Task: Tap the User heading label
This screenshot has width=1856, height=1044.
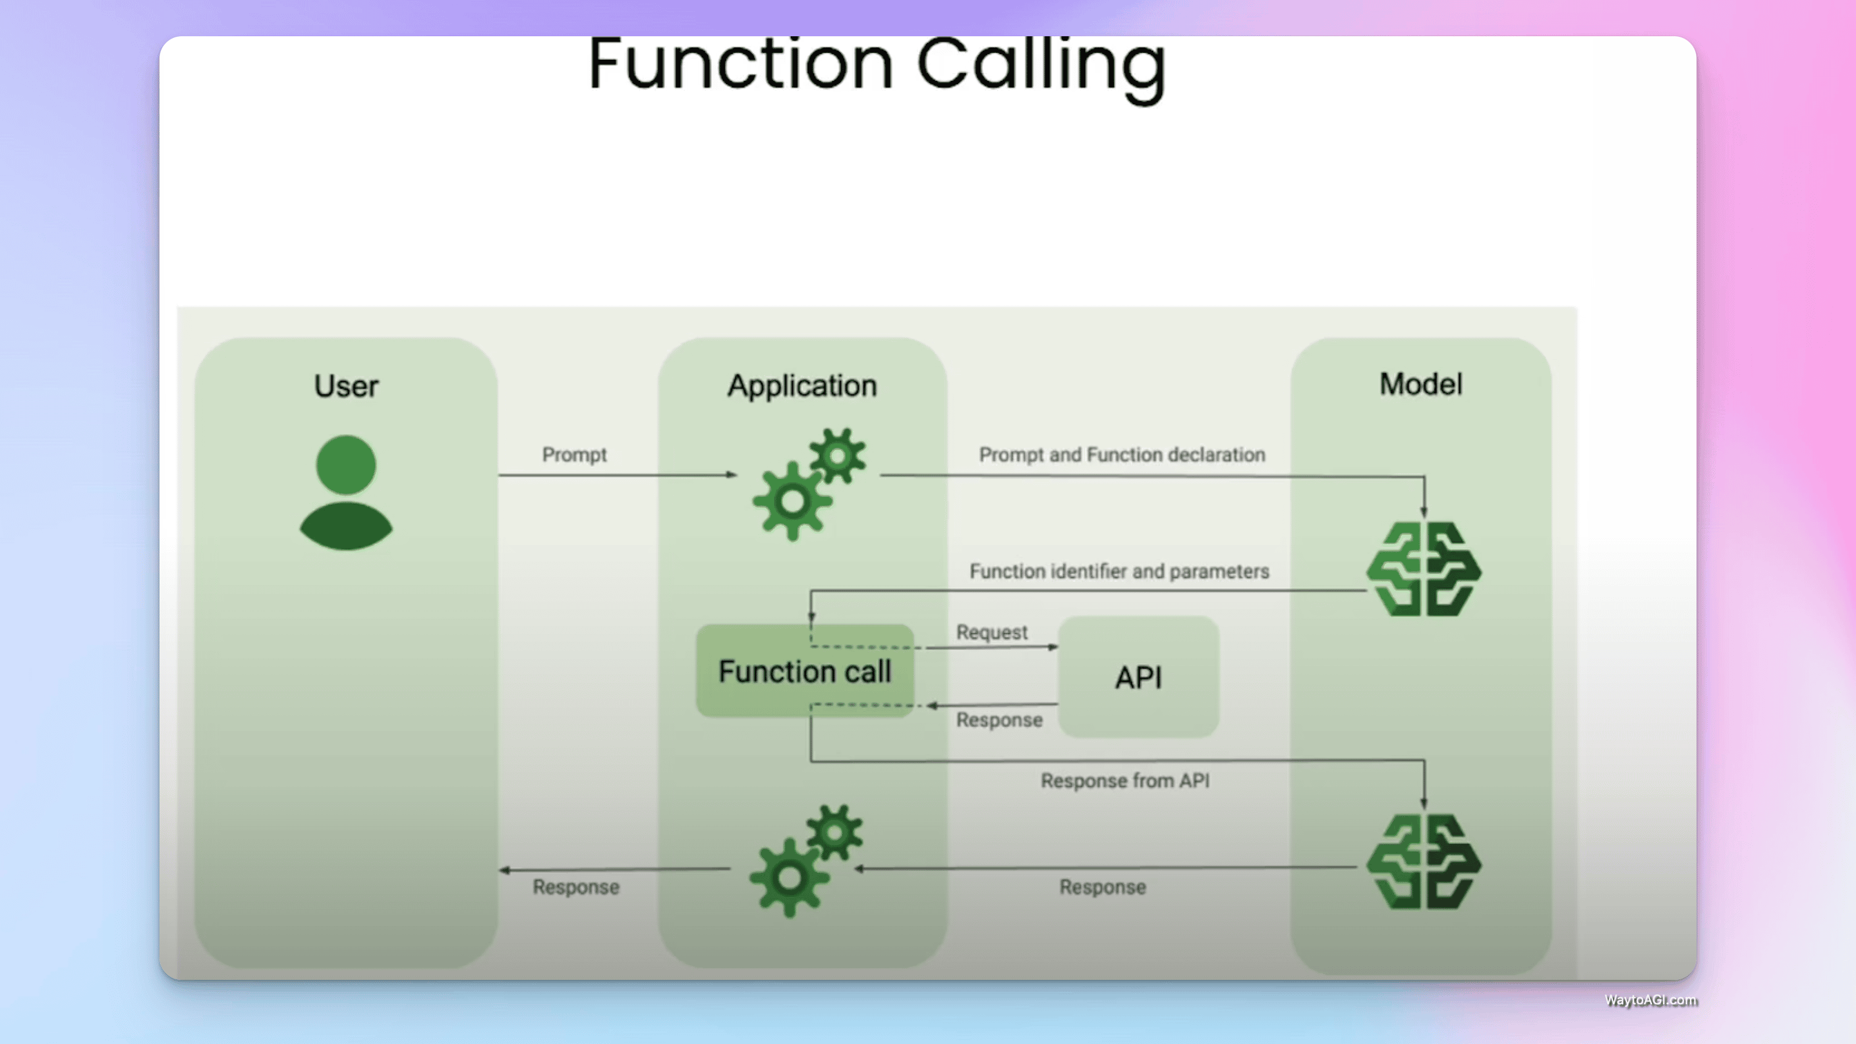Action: pos(346,386)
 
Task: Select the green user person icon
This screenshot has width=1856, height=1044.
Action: pos(346,493)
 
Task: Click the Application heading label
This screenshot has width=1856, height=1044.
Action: pos(802,386)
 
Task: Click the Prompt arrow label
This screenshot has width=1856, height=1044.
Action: pos(574,455)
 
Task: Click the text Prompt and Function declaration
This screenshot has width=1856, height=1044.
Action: pos(1122,455)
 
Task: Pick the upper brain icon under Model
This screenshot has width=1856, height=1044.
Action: pos(1424,569)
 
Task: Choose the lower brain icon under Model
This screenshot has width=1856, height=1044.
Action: pos(1424,862)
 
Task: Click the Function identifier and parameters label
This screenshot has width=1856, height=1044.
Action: pos(1119,571)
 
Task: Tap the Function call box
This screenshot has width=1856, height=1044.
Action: pos(805,671)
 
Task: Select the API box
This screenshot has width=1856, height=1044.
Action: pos(1138,677)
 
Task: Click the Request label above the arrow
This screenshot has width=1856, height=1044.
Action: pos(992,632)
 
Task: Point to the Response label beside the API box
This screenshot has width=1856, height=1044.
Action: pos(999,720)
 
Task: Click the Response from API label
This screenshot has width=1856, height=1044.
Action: pos(1125,780)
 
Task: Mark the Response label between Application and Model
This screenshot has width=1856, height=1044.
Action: pos(1103,887)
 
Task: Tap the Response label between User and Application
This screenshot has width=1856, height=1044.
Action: pos(576,887)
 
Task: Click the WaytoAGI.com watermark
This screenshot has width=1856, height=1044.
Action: pos(1650,1000)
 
